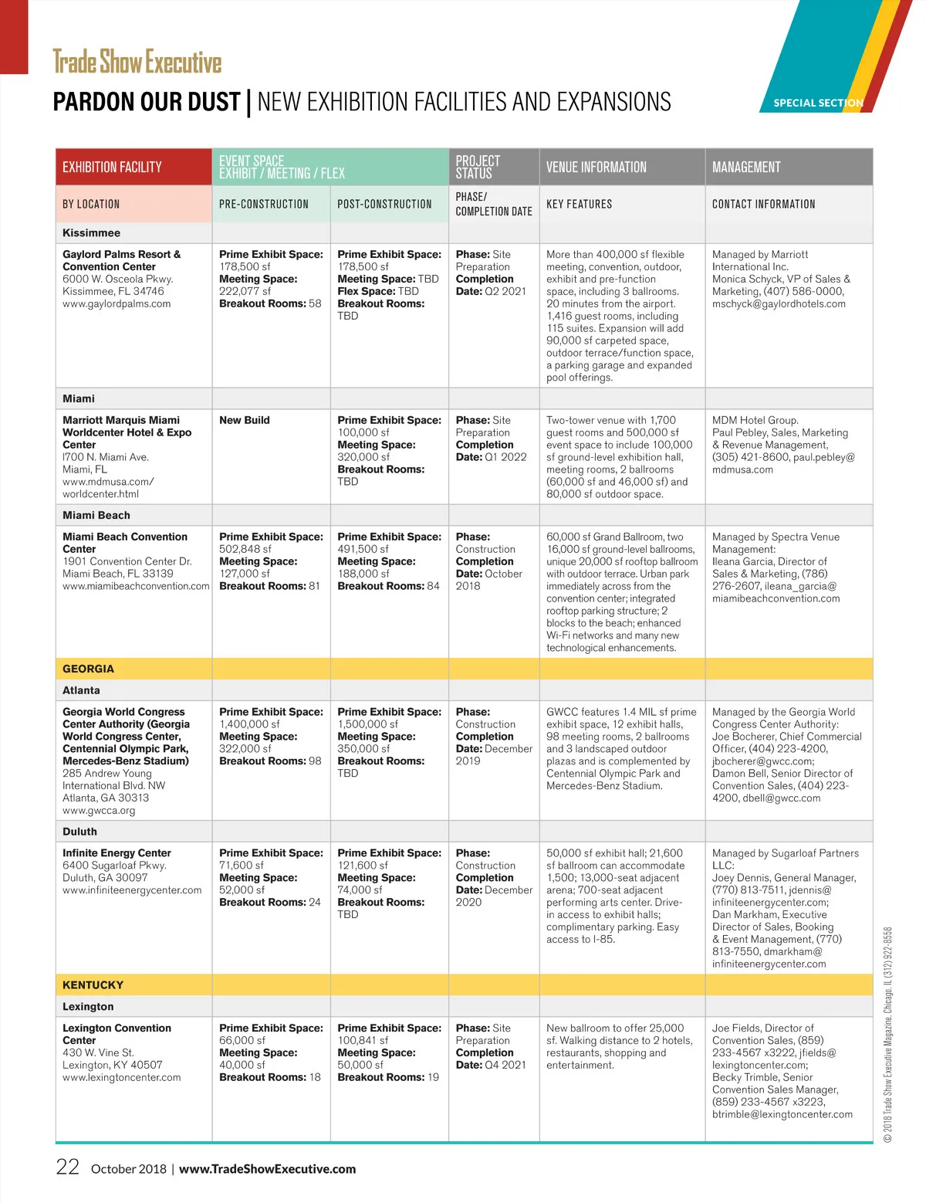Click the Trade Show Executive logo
[x=137, y=62]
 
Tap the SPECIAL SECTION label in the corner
[x=818, y=103]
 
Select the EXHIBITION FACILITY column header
[x=112, y=167]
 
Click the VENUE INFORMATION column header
[x=596, y=167]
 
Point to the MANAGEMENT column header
[x=746, y=167]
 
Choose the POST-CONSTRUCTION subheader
[x=384, y=204]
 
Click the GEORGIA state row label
[x=88, y=669]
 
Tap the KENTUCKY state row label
[x=93, y=984]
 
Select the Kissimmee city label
[x=91, y=232]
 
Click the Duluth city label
[x=79, y=832]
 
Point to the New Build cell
[x=245, y=420]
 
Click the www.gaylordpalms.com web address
[x=117, y=303]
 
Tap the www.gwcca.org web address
[x=99, y=811]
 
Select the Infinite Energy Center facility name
[x=117, y=853]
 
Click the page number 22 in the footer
[x=67, y=1167]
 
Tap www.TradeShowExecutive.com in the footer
[x=267, y=1169]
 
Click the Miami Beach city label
[x=96, y=515]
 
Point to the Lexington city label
[x=88, y=1006]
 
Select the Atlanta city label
[x=81, y=690]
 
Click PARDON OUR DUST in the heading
[x=146, y=102]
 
